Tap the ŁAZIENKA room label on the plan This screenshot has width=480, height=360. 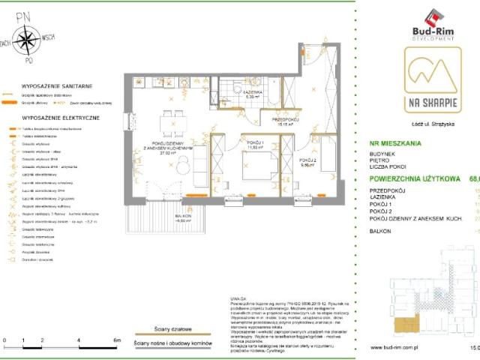[x=253, y=92]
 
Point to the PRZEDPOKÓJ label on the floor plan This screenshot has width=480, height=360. [x=286, y=120]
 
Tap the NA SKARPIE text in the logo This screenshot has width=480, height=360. [x=424, y=102]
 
